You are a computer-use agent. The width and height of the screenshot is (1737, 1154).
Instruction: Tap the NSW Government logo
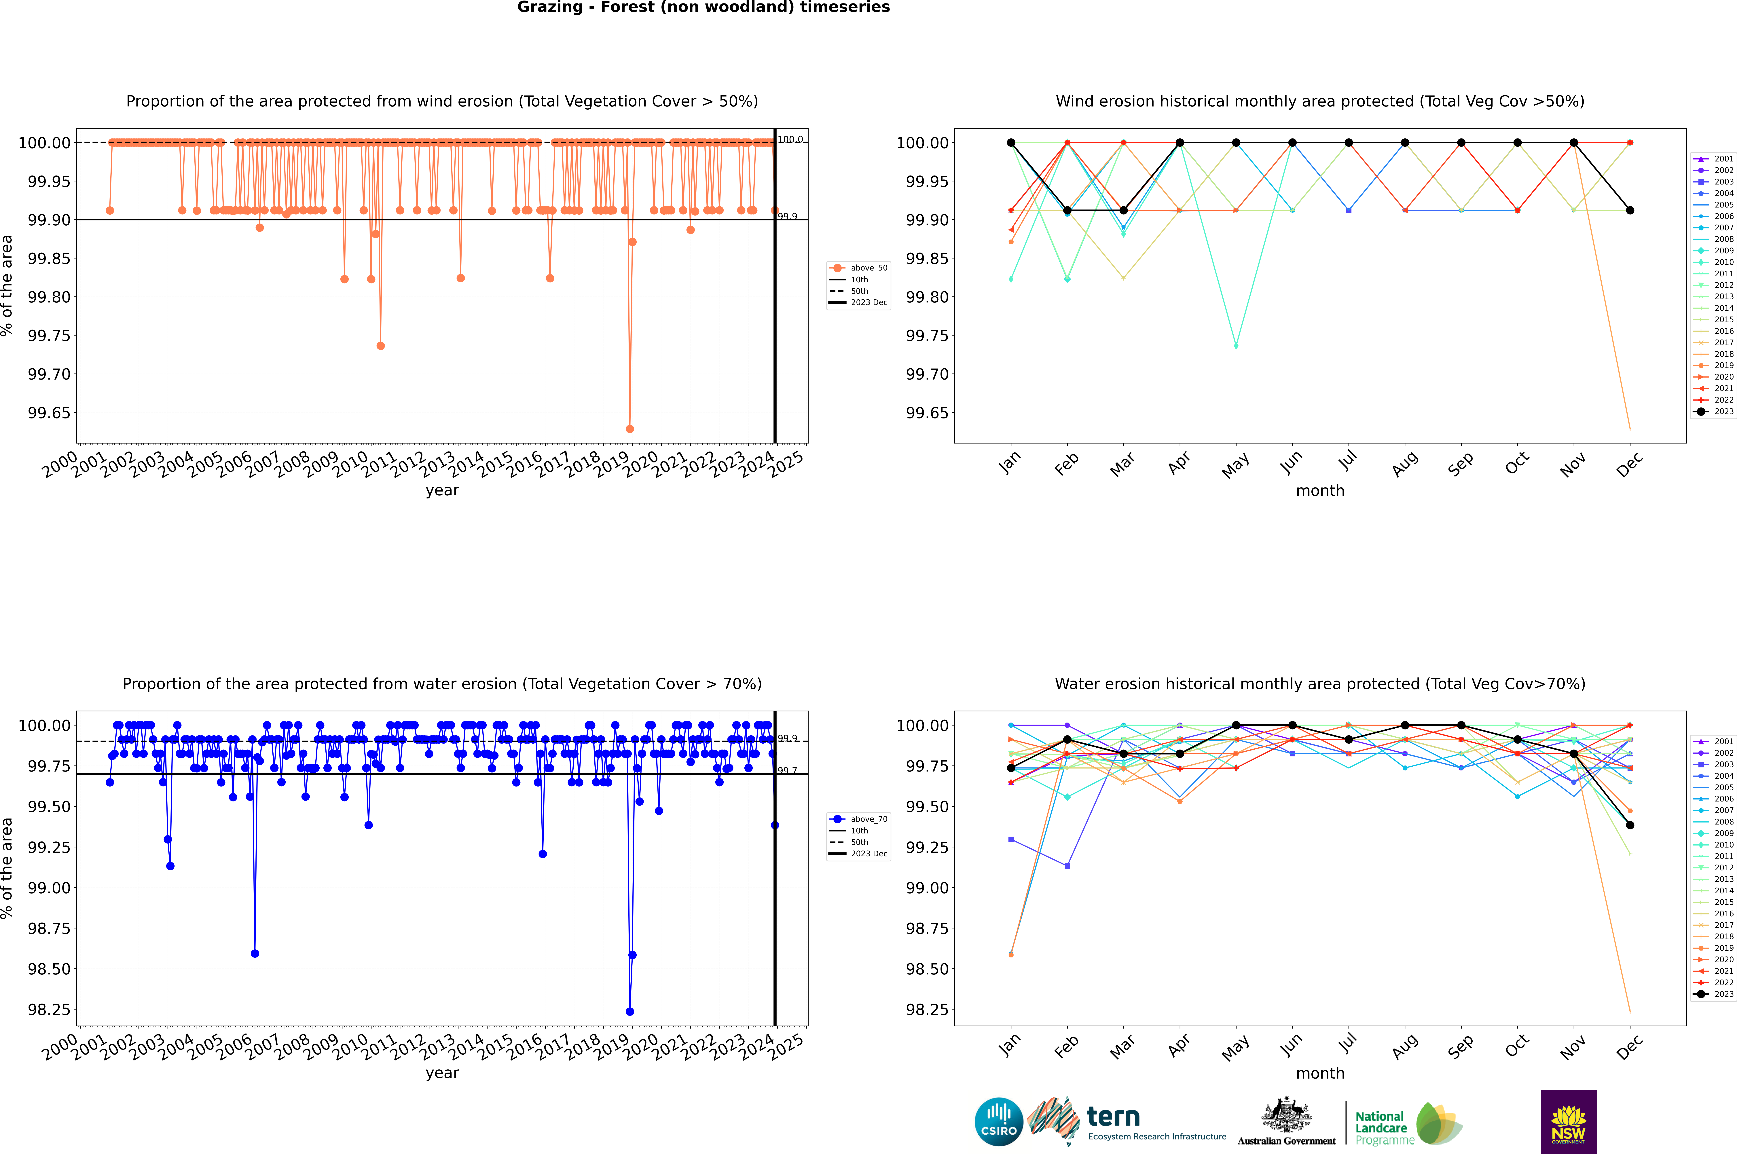pos(1568,1122)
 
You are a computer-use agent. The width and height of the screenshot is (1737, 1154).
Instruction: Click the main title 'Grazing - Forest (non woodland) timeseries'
pos(703,7)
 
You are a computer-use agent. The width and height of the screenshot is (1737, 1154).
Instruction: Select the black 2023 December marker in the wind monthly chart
pos(1630,210)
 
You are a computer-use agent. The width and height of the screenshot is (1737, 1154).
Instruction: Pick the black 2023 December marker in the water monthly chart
pos(1630,825)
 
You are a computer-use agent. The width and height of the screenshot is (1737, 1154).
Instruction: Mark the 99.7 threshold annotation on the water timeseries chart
pos(787,771)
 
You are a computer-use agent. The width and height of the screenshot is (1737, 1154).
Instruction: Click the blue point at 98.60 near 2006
pos(255,954)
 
